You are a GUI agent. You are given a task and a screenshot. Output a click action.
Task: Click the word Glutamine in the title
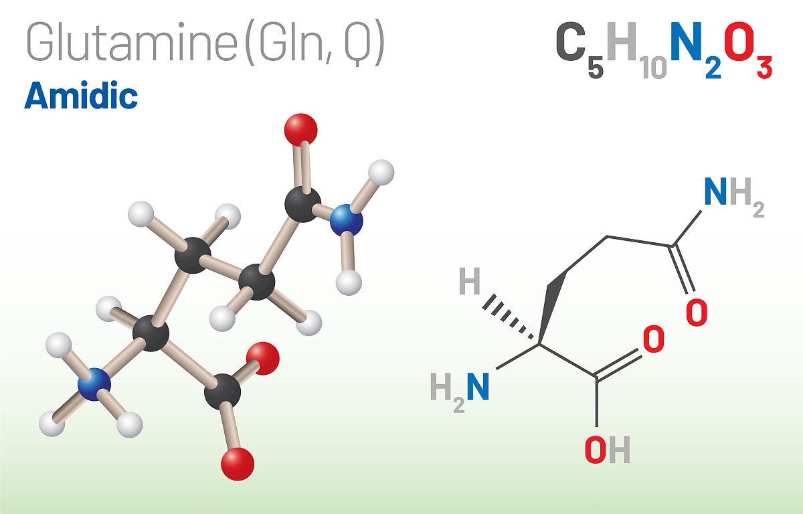[132, 42]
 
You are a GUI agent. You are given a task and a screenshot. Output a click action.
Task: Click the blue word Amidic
[81, 95]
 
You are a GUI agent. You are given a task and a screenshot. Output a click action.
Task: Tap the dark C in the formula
[570, 41]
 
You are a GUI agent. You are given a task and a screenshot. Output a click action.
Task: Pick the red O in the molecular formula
[739, 41]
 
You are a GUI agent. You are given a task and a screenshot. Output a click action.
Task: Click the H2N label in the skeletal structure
[460, 392]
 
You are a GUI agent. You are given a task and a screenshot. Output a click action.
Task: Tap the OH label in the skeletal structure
[608, 450]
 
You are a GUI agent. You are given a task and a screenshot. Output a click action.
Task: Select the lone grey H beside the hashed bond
[470, 281]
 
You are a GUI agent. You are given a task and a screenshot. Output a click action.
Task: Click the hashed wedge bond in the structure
[508, 317]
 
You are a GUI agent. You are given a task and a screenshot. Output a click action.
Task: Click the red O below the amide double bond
[697, 313]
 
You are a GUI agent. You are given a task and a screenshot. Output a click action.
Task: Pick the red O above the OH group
[654, 339]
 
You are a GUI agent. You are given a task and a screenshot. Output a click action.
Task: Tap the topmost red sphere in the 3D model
[300, 130]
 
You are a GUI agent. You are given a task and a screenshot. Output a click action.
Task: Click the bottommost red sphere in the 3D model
[238, 464]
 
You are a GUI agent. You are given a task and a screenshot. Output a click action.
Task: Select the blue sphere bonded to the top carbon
[347, 220]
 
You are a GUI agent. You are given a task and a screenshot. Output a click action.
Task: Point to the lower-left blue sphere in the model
[94, 384]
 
